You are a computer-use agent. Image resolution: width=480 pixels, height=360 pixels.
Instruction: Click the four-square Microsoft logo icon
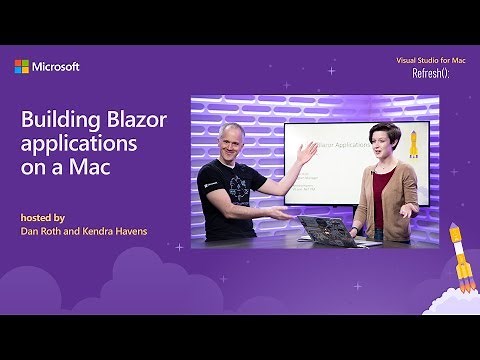(x=21, y=67)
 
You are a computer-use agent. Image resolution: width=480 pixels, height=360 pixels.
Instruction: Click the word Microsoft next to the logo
(x=56, y=67)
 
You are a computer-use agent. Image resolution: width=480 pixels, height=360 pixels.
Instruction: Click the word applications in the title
(x=74, y=144)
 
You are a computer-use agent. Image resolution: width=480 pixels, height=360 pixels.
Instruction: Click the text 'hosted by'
(x=43, y=217)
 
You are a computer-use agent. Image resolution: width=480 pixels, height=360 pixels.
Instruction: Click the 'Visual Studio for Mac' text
(x=432, y=61)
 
